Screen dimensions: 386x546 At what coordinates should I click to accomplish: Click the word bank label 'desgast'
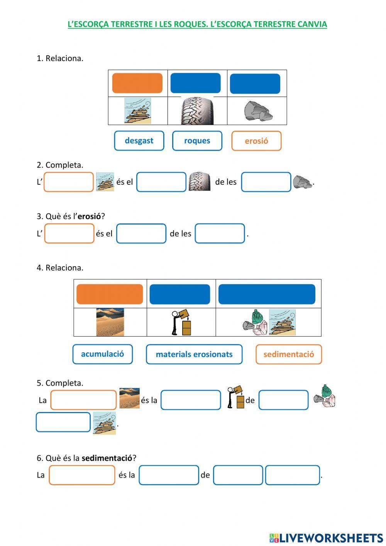click(x=139, y=141)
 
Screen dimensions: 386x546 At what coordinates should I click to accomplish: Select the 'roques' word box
click(x=197, y=141)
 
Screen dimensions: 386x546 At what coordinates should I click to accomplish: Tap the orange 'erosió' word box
click(x=256, y=141)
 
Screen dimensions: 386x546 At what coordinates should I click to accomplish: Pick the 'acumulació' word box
click(x=103, y=354)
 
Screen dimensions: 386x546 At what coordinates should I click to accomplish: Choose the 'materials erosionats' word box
click(x=194, y=354)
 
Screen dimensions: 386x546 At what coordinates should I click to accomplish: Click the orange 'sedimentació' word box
click(x=289, y=354)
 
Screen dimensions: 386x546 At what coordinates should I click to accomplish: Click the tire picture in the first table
click(x=197, y=111)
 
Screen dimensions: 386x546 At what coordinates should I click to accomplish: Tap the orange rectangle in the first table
click(x=137, y=83)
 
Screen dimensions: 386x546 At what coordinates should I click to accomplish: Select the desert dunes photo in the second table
click(x=110, y=322)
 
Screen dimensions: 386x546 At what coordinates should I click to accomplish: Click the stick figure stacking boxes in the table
click(x=181, y=322)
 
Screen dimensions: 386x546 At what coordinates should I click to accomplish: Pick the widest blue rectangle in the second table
click(x=267, y=294)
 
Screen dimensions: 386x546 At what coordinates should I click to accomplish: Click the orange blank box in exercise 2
click(x=69, y=182)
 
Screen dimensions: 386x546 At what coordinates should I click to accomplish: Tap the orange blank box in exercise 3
click(x=69, y=233)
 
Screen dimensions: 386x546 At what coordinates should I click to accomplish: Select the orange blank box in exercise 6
click(x=82, y=475)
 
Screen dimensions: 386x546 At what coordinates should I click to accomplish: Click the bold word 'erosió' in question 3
click(x=89, y=216)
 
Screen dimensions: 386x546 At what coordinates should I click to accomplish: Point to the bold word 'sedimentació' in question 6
click(x=107, y=458)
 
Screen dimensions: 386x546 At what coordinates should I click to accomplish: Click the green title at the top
click(x=197, y=24)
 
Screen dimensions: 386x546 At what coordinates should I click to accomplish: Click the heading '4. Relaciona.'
click(x=60, y=268)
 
